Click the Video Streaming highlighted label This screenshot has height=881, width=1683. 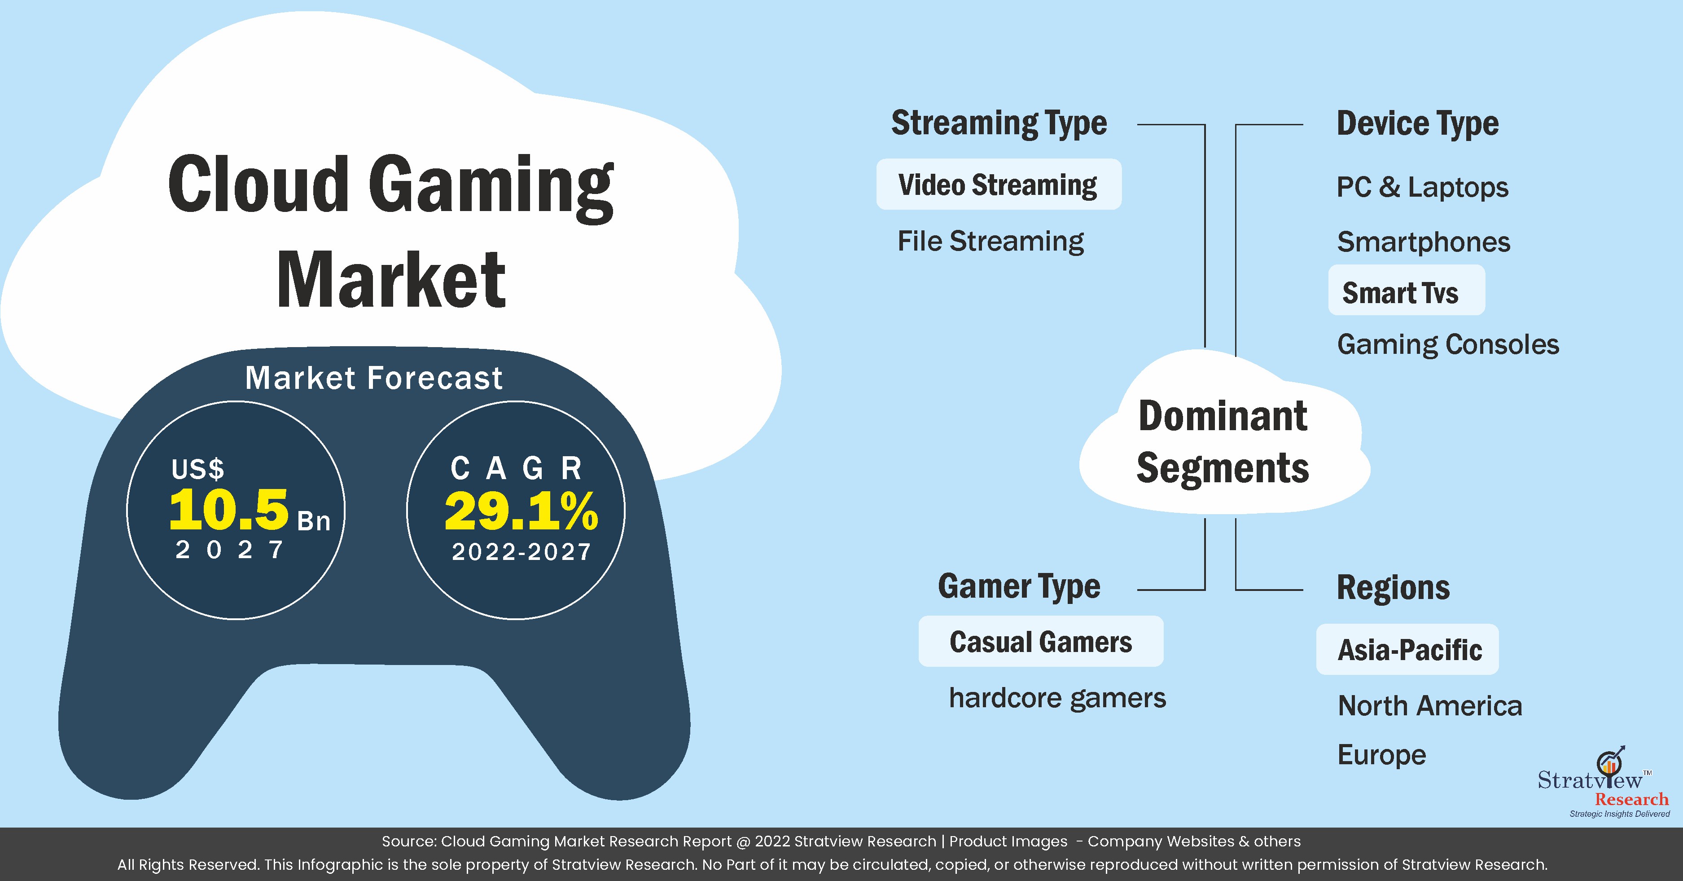pos(998,185)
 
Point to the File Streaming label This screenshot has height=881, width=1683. pos(991,241)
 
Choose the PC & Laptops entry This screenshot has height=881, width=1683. pos(1422,188)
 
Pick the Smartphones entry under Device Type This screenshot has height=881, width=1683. pos(1424,242)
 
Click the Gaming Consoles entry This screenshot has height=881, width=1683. pos(1448,344)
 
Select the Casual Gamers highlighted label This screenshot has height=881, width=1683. pos(1041,642)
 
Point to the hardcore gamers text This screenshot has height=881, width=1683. pos(1057,698)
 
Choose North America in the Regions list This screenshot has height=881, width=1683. pos(1429,706)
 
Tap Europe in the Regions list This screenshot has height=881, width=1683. pos(1382,755)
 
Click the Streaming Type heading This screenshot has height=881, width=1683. pos(999,123)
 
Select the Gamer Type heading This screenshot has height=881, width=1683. pos(1019,586)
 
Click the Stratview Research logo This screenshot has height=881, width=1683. pos(1604,782)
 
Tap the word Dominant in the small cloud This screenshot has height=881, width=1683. pos(1223,416)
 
